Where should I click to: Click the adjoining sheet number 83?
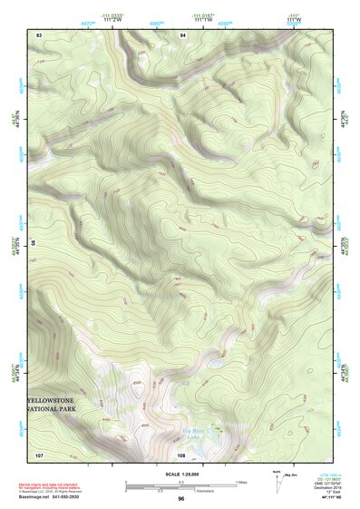click(39, 34)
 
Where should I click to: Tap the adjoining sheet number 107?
click(39, 455)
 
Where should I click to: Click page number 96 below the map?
click(180, 499)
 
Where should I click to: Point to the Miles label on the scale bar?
click(241, 481)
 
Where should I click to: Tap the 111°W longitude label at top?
click(292, 20)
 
